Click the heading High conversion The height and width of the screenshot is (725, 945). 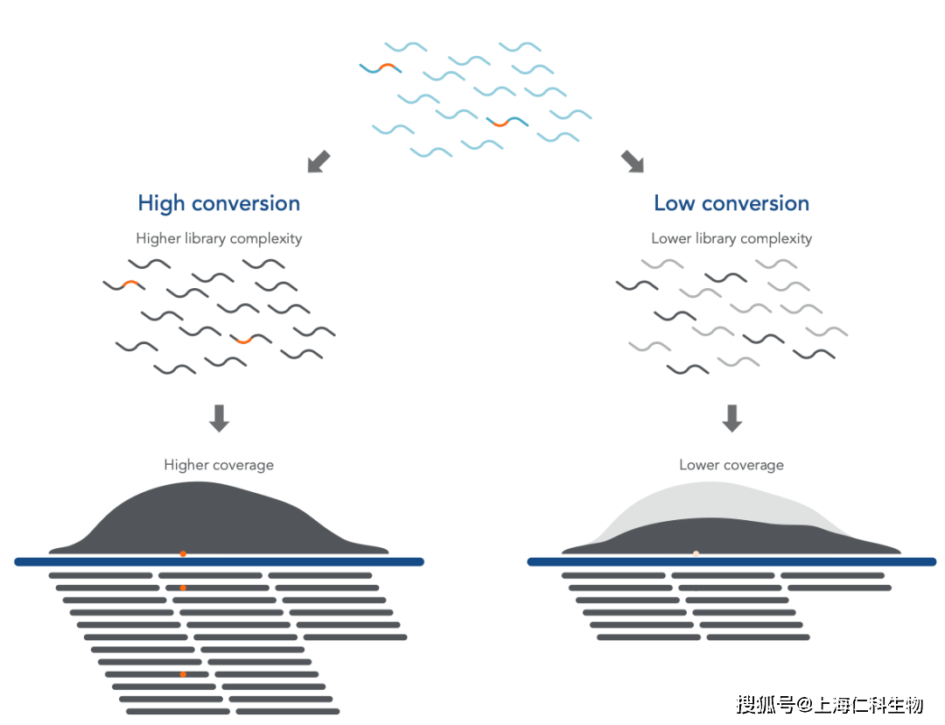click(x=219, y=204)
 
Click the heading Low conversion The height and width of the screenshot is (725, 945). click(x=731, y=204)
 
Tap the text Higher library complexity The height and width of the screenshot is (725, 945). click(x=219, y=238)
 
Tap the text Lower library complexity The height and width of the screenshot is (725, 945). click(x=731, y=238)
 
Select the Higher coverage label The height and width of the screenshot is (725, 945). click(x=219, y=465)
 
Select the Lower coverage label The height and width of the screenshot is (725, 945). click(x=731, y=465)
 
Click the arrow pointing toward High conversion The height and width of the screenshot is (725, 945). click(x=319, y=161)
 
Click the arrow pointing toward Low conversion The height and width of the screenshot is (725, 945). click(x=632, y=161)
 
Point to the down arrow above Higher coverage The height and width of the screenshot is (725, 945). click(x=219, y=418)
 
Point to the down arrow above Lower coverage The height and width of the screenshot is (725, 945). click(x=731, y=418)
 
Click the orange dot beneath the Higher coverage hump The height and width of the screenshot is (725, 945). click(x=183, y=553)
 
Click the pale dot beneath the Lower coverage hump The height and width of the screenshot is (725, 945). click(x=696, y=553)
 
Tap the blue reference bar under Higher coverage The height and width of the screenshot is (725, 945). click(x=219, y=562)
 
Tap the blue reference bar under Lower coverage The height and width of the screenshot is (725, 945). click(x=731, y=562)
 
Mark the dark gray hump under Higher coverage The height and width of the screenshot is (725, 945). click(x=219, y=521)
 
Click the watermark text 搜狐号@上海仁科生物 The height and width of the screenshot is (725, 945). click(x=829, y=704)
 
